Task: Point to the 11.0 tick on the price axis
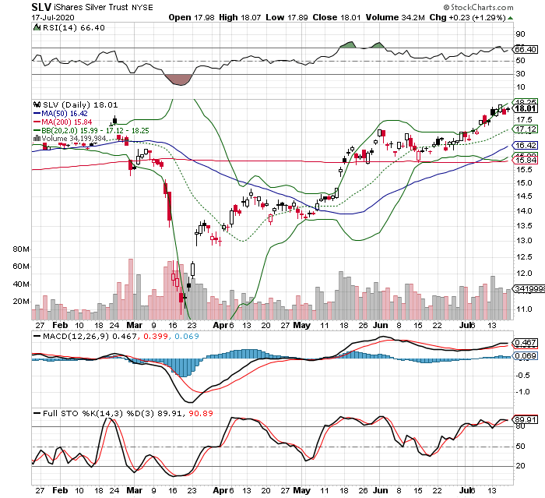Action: coord(525,309)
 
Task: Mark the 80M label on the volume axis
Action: coord(17,249)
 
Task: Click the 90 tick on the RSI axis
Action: coord(521,34)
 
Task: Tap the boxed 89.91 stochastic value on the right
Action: coord(528,419)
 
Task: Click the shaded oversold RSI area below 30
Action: coord(179,79)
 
